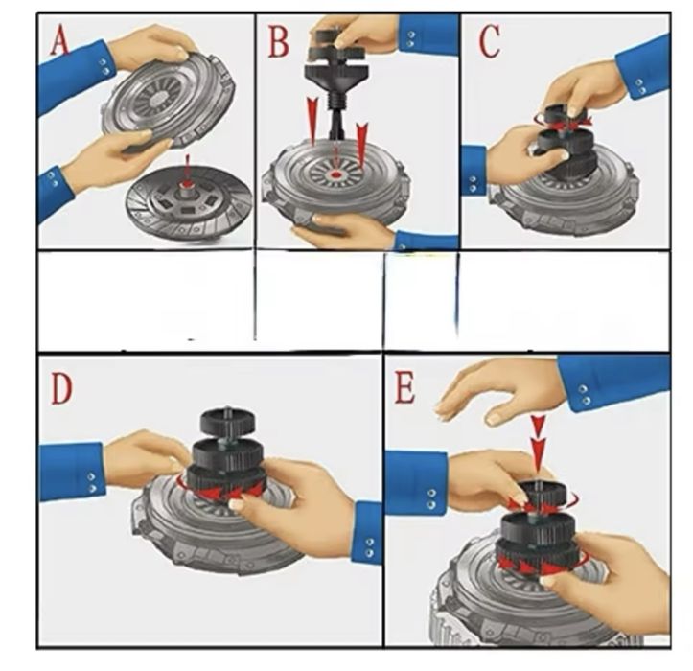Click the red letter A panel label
point(59,40)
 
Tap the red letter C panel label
point(489,41)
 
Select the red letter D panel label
point(61,388)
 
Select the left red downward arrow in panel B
point(312,121)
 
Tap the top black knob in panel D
point(227,421)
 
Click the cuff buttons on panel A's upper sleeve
point(105,66)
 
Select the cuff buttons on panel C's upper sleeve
point(639,86)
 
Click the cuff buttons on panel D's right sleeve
point(369,547)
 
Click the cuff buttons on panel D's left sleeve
point(91,482)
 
